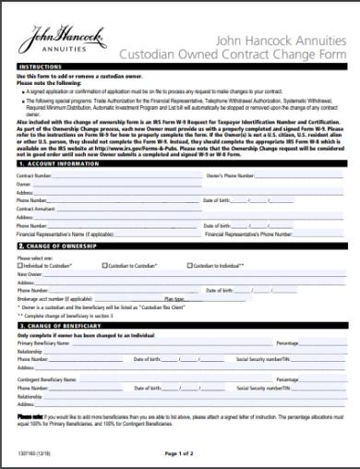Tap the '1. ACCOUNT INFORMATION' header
click(x=60, y=162)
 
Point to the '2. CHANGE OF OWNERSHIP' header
click(x=60, y=248)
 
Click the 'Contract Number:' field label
click(x=34, y=174)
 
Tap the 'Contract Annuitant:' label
click(x=37, y=209)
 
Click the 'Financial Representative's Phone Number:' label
click(x=216, y=234)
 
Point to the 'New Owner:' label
click(x=30, y=274)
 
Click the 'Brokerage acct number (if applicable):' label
click(x=54, y=298)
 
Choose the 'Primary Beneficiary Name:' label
click(x=43, y=343)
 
